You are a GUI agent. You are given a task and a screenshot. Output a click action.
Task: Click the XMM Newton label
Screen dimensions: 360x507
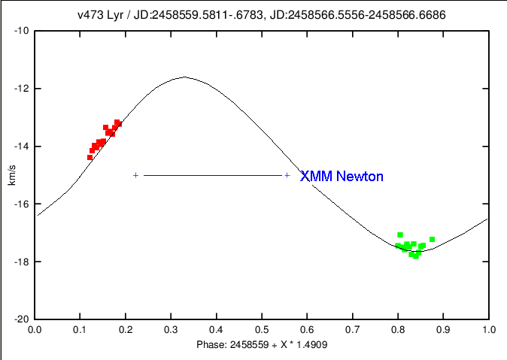pos(342,177)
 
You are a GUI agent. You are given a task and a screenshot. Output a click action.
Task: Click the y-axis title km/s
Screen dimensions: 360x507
pos(10,174)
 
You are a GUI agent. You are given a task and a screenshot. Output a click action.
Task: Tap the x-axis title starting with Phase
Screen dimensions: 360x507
pos(261,344)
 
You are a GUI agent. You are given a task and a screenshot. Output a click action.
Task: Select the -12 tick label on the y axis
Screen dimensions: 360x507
pos(20,89)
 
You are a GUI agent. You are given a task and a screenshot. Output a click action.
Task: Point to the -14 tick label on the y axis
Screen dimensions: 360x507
pos(20,147)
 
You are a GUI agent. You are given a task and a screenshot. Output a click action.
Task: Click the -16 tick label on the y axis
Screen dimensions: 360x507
pos(20,204)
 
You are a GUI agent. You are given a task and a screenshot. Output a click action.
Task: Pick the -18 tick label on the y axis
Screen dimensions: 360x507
pos(20,262)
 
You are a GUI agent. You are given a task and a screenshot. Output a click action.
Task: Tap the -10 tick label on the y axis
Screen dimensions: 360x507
pos(20,31)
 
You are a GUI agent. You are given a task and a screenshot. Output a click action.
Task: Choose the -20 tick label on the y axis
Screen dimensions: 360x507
pos(20,319)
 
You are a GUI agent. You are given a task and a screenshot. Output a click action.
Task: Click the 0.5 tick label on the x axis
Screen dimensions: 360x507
pos(262,329)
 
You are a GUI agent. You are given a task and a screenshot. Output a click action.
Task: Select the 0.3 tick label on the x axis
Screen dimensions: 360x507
pos(171,329)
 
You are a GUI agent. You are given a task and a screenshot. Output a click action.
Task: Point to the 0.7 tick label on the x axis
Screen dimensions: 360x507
pos(353,329)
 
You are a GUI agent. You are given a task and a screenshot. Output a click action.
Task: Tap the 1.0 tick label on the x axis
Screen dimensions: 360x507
pos(489,329)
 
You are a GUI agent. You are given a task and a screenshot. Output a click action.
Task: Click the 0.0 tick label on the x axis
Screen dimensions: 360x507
pos(35,329)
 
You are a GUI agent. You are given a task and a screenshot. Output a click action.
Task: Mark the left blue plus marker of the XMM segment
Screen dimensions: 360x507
pos(135,175)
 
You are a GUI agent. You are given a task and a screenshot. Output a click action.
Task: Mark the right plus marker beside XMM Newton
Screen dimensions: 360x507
pos(287,175)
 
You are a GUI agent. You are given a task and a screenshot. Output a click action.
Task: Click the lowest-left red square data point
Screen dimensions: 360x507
pos(90,157)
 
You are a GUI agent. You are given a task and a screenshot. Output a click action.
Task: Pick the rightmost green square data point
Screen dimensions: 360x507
pos(432,239)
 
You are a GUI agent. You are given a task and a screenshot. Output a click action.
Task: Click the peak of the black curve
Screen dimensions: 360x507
pos(184,77)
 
